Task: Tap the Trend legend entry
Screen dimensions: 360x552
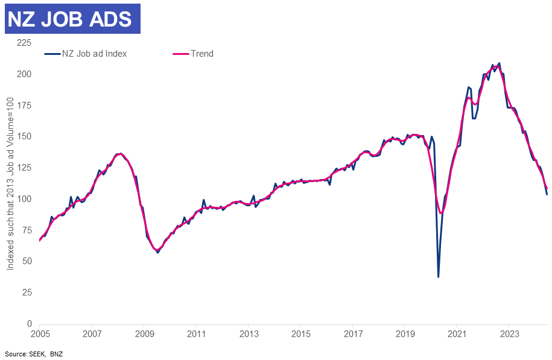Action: pos(202,54)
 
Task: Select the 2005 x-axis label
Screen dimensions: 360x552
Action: pos(39,333)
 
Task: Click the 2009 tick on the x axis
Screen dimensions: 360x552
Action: pos(144,333)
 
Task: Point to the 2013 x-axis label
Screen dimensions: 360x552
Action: pos(249,333)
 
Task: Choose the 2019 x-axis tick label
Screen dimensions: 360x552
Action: pos(405,333)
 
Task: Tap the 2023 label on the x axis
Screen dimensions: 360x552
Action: pos(510,333)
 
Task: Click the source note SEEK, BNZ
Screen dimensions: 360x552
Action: pos(33,354)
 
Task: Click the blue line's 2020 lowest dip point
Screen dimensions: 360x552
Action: pos(438,277)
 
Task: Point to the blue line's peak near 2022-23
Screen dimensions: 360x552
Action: pos(499,63)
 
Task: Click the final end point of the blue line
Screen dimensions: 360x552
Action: pos(547,194)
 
